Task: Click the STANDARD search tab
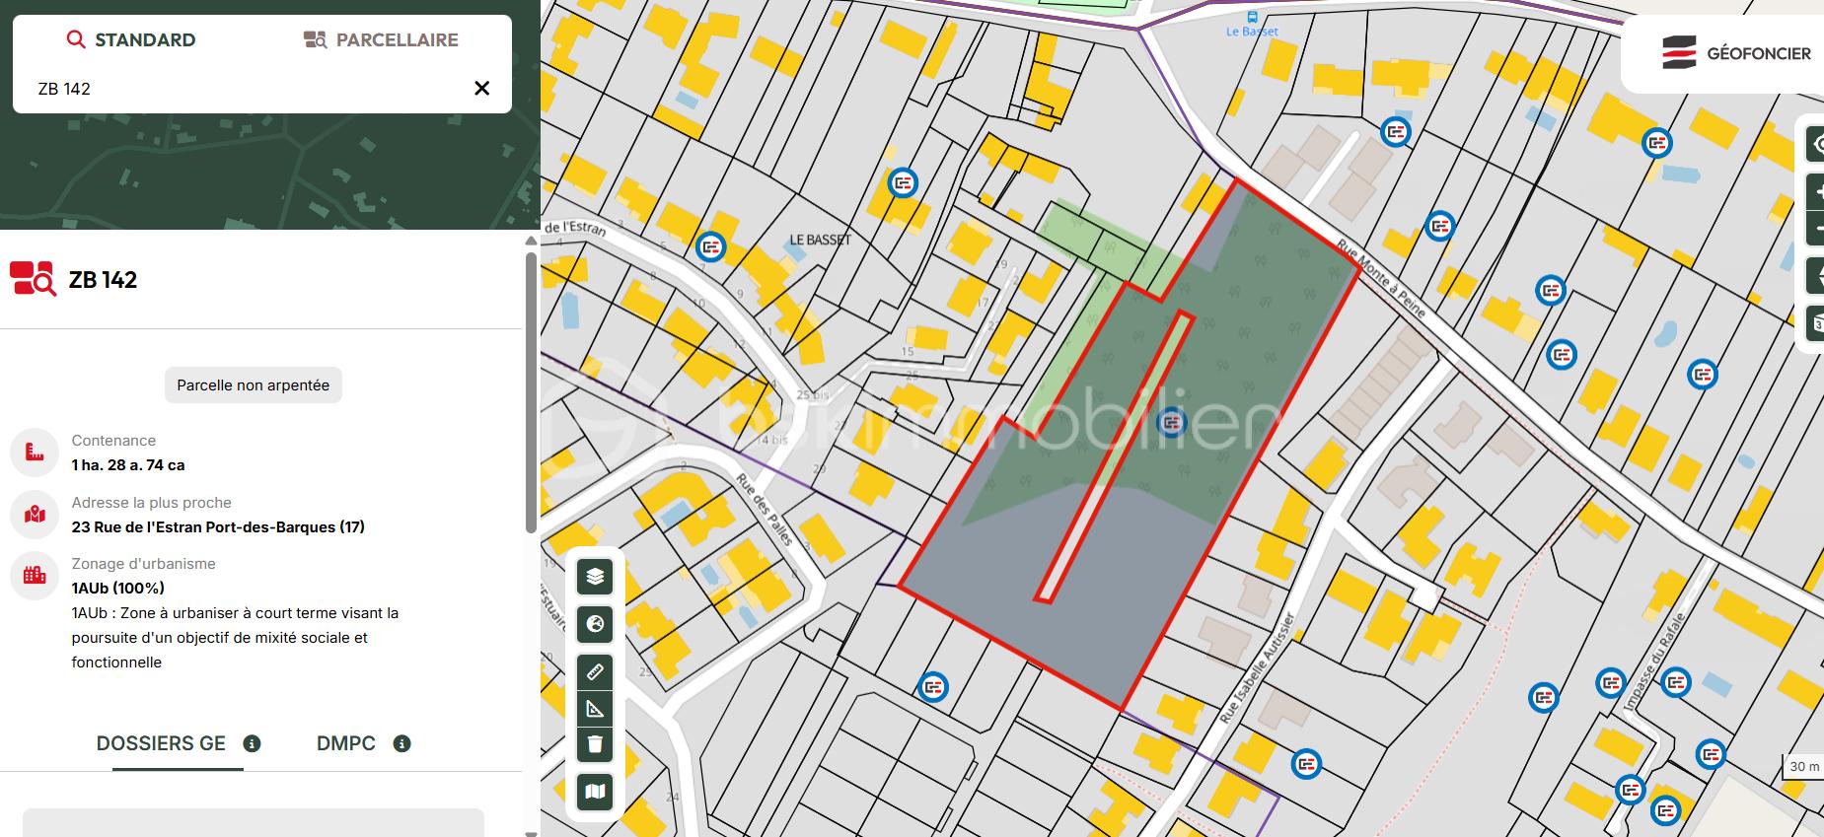tap(131, 40)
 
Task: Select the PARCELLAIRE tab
tap(381, 40)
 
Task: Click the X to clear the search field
tap(481, 89)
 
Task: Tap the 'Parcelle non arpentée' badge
tap(253, 385)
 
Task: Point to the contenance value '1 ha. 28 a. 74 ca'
tap(128, 465)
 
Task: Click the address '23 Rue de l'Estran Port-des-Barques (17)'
tap(218, 527)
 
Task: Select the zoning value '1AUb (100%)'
tap(117, 589)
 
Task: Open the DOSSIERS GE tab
tap(161, 743)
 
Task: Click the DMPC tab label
tap(346, 743)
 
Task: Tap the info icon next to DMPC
tap(401, 743)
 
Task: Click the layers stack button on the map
tap(595, 577)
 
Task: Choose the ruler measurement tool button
tap(595, 672)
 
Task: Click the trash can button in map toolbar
tap(595, 743)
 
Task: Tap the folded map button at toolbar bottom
tap(595, 792)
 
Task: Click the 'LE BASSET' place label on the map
tap(820, 240)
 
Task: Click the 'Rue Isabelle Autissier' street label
tap(1256, 667)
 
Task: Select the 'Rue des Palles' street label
tap(766, 509)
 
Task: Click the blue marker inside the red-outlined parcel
tap(1171, 422)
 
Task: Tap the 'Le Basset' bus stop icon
tap(1252, 17)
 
